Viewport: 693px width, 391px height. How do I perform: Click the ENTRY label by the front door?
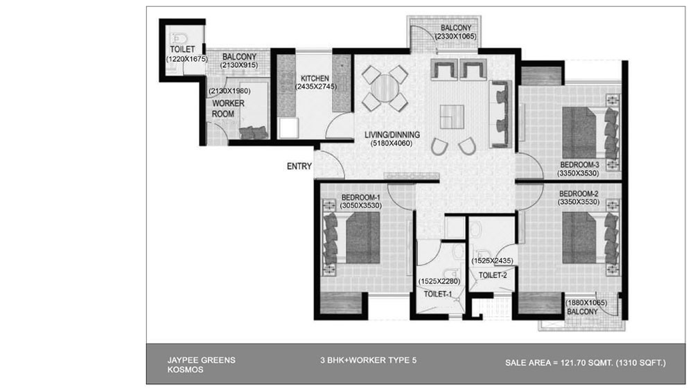(x=299, y=166)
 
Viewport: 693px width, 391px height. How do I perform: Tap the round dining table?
(x=385, y=89)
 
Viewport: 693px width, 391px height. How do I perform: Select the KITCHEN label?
(x=315, y=78)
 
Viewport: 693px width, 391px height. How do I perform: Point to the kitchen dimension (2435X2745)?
(x=315, y=87)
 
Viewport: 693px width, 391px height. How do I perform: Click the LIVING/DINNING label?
(x=392, y=135)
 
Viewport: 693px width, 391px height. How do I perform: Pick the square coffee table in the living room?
(x=452, y=116)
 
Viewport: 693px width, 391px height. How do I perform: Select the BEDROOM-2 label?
(x=579, y=193)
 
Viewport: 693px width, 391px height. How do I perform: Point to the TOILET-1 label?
(x=437, y=294)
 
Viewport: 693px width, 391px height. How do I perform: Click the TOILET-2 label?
(x=493, y=275)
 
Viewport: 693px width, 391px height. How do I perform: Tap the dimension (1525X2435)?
(x=492, y=261)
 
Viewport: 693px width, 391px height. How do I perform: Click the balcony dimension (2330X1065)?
(x=456, y=36)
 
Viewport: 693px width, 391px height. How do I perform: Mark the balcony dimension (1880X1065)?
(x=586, y=303)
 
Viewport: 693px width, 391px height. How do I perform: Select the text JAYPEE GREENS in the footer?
(x=201, y=360)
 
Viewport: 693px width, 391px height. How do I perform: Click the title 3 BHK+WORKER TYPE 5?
(x=368, y=360)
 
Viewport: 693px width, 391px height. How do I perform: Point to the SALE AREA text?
(x=586, y=363)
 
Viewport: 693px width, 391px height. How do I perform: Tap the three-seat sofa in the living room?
(x=500, y=114)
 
